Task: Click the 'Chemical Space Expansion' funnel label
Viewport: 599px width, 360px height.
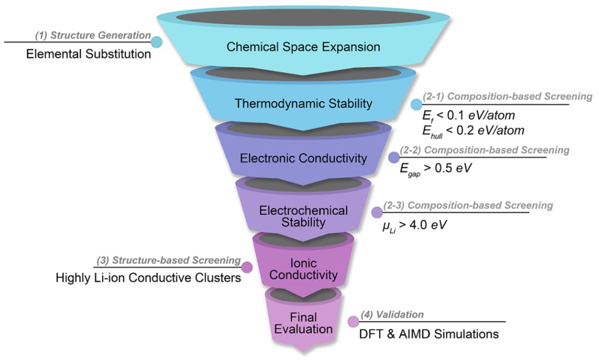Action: click(303, 47)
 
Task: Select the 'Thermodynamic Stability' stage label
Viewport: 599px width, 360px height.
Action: click(303, 103)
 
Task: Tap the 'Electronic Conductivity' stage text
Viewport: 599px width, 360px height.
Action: click(303, 159)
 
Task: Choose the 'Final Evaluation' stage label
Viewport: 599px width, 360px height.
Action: click(303, 323)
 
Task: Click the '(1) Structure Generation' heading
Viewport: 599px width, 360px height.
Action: click(93, 36)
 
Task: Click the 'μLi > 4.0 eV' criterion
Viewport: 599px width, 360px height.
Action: click(412, 225)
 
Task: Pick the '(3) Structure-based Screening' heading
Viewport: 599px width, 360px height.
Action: click(169, 260)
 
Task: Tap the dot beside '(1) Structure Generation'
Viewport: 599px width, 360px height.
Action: click(156, 42)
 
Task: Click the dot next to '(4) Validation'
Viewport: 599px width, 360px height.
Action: click(353, 322)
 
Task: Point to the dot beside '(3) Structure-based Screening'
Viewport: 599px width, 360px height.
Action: click(247, 267)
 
